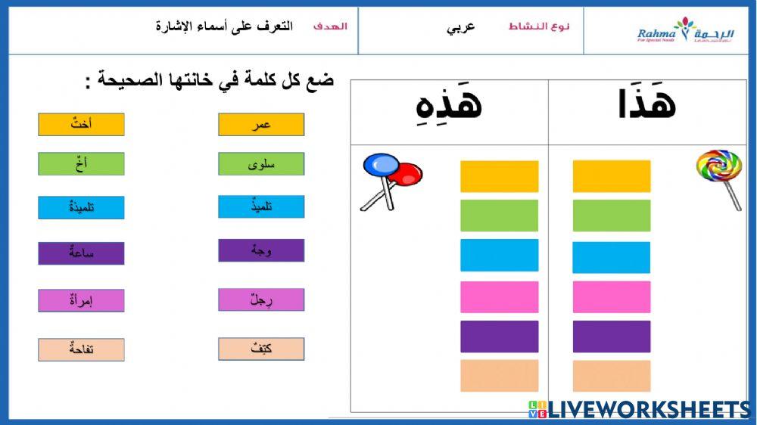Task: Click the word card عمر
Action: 261,125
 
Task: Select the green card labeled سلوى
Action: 261,164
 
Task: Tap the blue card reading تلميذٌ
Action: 261,206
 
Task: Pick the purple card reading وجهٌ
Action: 261,250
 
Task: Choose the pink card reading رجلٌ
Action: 261,299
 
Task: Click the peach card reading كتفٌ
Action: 261,349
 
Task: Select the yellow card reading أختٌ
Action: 81,125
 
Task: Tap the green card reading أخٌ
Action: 81,163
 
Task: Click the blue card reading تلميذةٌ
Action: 81,207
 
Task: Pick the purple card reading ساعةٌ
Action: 81,253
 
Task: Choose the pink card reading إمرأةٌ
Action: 81,300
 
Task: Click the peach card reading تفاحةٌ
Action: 81,349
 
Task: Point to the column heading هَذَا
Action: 646,105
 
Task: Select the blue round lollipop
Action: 381,165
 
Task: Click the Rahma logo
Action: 685,31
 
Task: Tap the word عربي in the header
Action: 461,27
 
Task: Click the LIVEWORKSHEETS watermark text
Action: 648,410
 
